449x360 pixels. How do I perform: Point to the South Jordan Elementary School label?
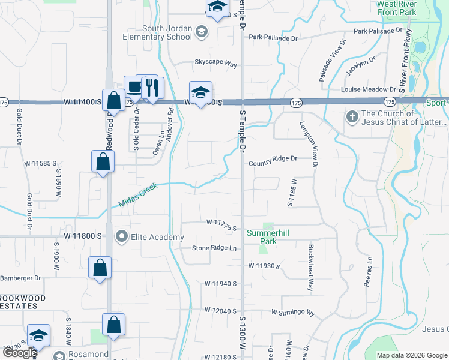pyautogui.click(x=167, y=32)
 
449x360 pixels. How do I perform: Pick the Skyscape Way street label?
pyautogui.click(x=215, y=62)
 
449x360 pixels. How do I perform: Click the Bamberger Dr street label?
pyautogui.click(x=20, y=278)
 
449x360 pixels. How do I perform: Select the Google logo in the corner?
pyautogui.click(x=19, y=353)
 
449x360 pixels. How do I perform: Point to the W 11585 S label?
pyautogui.click(x=40, y=163)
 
